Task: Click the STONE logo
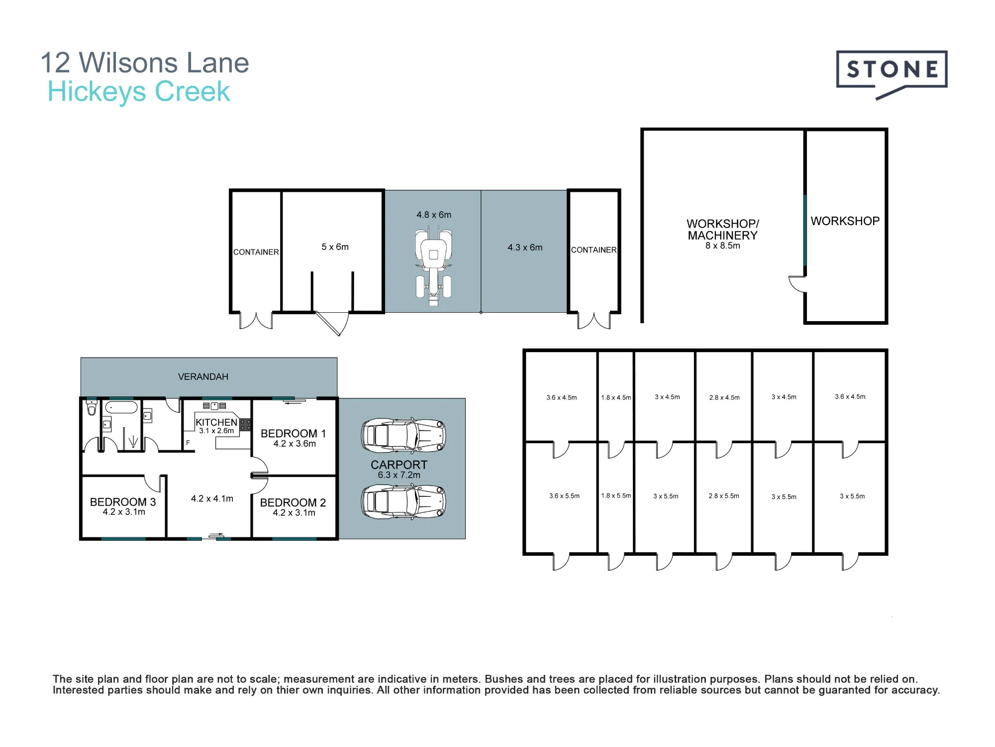click(x=892, y=75)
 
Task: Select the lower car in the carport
click(x=403, y=501)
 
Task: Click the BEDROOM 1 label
click(x=293, y=434)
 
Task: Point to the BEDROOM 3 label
click(x=123, y=502)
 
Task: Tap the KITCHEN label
click(x=216, y=422)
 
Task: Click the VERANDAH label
click(x=203, y=377)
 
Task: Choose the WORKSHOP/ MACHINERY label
click(x=723, y=230)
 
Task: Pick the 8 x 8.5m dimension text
click(x=723, y=246)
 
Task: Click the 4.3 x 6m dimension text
click(x=525, y=248)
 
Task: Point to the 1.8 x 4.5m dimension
click(x=616, y=398)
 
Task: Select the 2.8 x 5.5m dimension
click(x=724, y=496)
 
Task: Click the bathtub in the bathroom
click(x=121, y=407)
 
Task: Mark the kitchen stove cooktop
click(x=245, y=425)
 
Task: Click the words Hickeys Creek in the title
click(x=139, y=92)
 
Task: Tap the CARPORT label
click(x=399, y=465)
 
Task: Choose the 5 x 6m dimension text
click(x=335, y=247)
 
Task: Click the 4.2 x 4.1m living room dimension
click(x=212, y=498)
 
